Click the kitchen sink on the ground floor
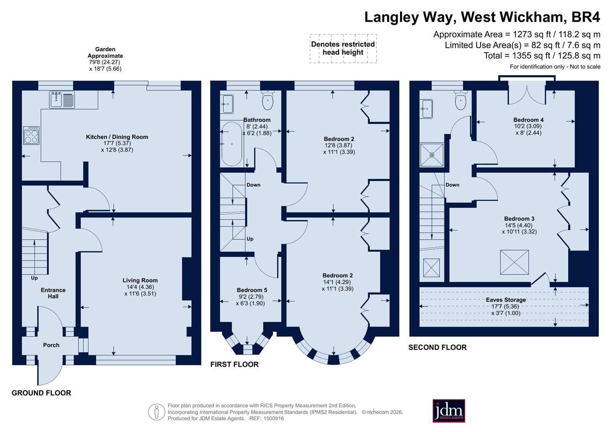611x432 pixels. click(x=62, y=100)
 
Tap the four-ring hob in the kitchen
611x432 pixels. click(x=31, y=135)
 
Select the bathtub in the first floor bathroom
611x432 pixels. click(x=232, y=144)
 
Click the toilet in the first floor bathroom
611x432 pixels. click(x=267, y=100)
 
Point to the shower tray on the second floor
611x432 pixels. click(x=432, y=155)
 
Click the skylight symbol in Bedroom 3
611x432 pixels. click(x=514, y=262)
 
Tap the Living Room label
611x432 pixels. click(x=140, y=280)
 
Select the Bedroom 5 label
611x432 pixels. click(x=252, y=290)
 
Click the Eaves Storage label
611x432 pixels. click(x=506, y=300)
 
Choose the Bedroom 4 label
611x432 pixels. click(x=528, y=120)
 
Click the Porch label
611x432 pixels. click(x=51, y=345)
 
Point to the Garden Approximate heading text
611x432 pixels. click(x=105, y=52)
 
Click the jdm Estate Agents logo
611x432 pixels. click(x=449, y=411)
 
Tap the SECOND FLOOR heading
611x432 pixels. click(x=438, y=347)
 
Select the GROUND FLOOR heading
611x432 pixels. click(x=41, y=393)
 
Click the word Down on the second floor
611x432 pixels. click(x=452, y=184)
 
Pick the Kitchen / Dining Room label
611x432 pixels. click(x=117, y=137)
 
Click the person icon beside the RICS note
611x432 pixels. click(x=157, y=412)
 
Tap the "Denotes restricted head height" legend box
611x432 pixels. click(x=343, y=49)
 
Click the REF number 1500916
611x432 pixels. click(x=273, y=418)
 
